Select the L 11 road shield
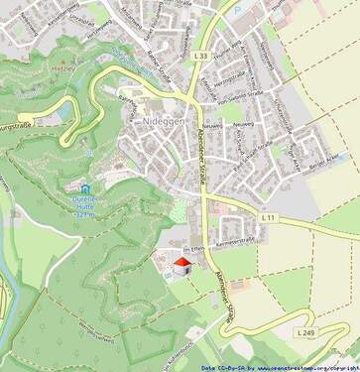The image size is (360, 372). [x=268, y=216]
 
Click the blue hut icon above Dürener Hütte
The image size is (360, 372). [x=87, y=187]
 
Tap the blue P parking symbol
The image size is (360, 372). [x=90, y=155]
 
